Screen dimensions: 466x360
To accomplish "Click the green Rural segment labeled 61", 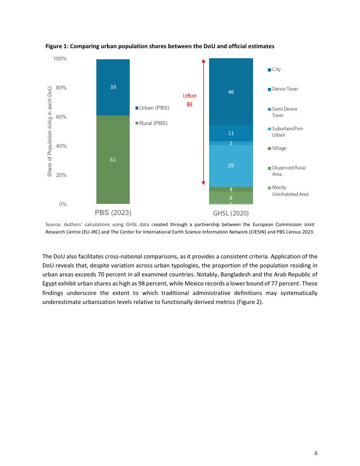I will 113,159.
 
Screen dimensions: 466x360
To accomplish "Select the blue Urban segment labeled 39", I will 113,87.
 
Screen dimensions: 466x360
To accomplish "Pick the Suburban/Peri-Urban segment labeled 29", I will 231,166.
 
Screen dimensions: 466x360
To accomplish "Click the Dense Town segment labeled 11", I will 231,133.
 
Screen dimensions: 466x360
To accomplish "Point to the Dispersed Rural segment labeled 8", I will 231,198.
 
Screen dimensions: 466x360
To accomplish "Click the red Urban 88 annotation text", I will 190,100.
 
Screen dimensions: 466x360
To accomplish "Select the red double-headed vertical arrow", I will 204,122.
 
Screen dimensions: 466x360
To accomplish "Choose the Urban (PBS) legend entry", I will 153,108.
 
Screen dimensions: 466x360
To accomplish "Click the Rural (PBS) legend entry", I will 152,123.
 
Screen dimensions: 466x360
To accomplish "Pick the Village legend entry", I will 277,148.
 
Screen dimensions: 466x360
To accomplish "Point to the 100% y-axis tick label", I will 60,58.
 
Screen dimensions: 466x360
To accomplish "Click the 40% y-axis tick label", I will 61,146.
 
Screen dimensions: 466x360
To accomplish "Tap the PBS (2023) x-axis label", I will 113,212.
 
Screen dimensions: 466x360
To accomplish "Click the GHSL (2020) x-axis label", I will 231,213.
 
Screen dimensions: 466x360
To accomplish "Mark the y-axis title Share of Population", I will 50,131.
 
